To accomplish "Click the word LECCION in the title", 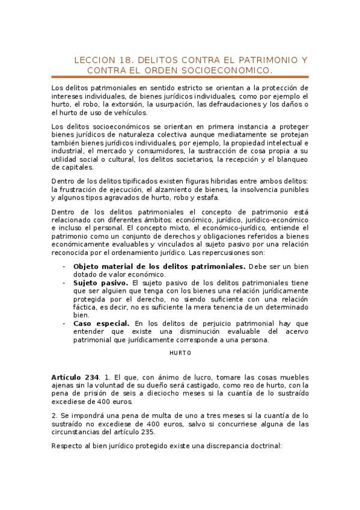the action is coord(91,61).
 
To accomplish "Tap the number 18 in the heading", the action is coord(120,61).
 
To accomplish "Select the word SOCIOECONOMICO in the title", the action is coord(225,70).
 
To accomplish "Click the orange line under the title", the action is coord(180,77).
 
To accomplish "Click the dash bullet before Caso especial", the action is coord(64,323).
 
